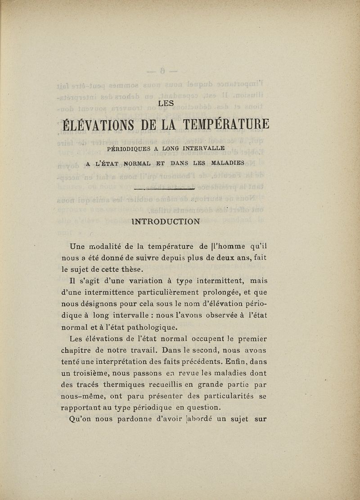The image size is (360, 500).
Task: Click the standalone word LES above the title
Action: coord(167,103)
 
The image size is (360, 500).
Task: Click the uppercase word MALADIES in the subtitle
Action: coord(225,163)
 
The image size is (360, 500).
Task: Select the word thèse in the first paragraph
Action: coord(131,270)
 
